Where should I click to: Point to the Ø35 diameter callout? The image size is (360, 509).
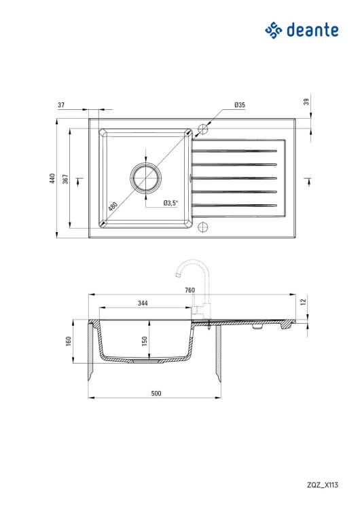(239, 105)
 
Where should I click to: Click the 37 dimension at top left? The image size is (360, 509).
(61, 105)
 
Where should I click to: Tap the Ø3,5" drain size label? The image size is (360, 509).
(170, 203)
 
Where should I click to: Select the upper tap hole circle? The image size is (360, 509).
(202, 128)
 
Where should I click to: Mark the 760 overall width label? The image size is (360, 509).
(190, 290)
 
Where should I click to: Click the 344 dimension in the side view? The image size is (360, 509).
(143, 303)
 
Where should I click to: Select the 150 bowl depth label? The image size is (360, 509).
(145, 341)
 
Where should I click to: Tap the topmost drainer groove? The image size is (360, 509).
(234, 149)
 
